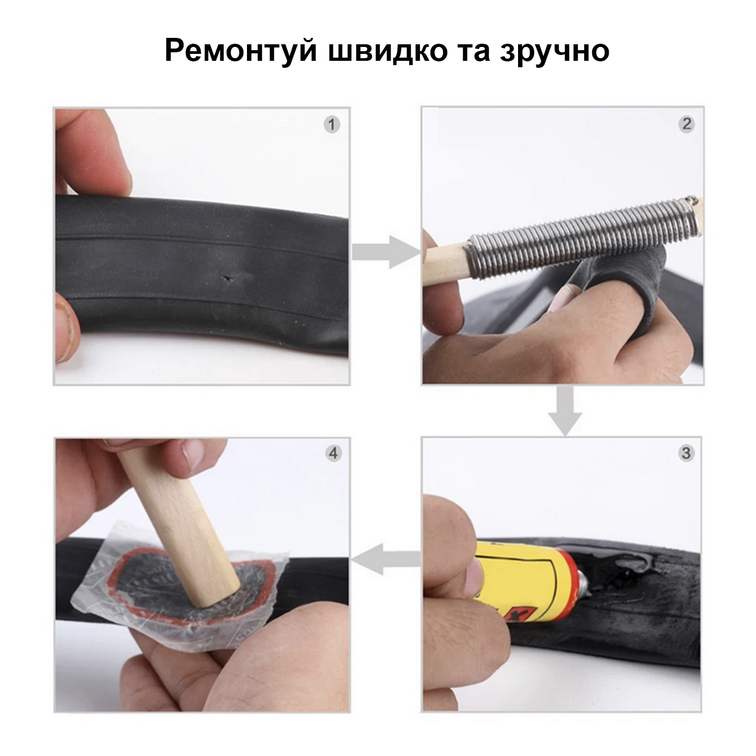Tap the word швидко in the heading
click(387, 50)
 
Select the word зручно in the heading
click(554, 52)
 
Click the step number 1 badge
click(332, 125)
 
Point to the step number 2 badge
click(687, 124)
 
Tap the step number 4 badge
click(333, 453)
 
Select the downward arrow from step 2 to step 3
click(565, 411)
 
